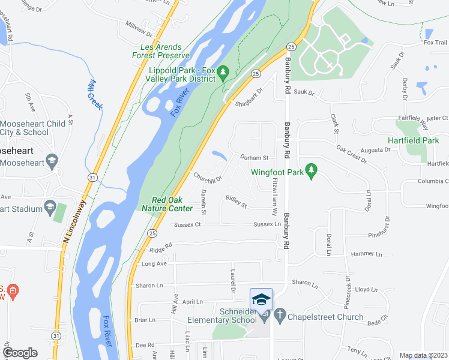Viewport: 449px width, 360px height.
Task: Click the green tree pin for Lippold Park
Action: (223, 73)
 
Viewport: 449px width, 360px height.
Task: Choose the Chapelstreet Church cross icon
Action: (279, 316)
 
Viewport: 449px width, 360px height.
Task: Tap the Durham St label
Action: (253, 158)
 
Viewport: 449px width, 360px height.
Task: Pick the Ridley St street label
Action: (236, 202)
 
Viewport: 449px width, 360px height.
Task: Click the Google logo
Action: (20, 353)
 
